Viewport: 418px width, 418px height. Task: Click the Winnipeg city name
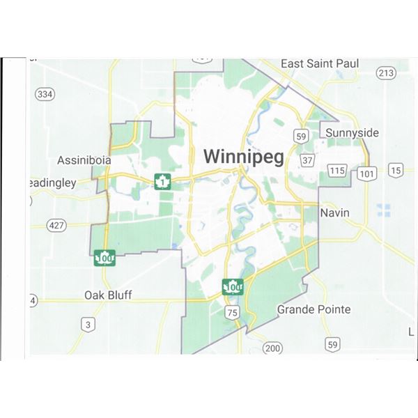point(244,157)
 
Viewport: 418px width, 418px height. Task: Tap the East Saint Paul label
point(319,63)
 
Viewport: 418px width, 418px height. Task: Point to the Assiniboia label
point(84,160)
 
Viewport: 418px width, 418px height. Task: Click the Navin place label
point(334,212)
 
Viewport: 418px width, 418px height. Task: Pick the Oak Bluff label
point(108,295)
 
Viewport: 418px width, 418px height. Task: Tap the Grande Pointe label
point(313,309)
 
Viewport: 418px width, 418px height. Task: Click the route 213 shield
point(385,72)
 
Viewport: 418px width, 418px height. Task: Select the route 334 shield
point(45,94)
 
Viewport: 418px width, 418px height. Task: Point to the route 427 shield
point(56,225)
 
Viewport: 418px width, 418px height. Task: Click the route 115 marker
point(338,171)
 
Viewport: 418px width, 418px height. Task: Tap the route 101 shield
point(366,173)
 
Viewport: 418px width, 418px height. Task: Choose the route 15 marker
point(396,170)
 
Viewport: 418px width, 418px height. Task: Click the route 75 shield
point(232,313)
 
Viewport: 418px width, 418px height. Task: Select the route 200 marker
point(272,348)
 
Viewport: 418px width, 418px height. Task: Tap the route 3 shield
point(87,324)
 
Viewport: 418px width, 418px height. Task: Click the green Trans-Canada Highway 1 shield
point(162,183)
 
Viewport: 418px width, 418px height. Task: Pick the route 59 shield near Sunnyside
point(301,135)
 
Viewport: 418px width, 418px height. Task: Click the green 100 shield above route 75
point(233,286)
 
